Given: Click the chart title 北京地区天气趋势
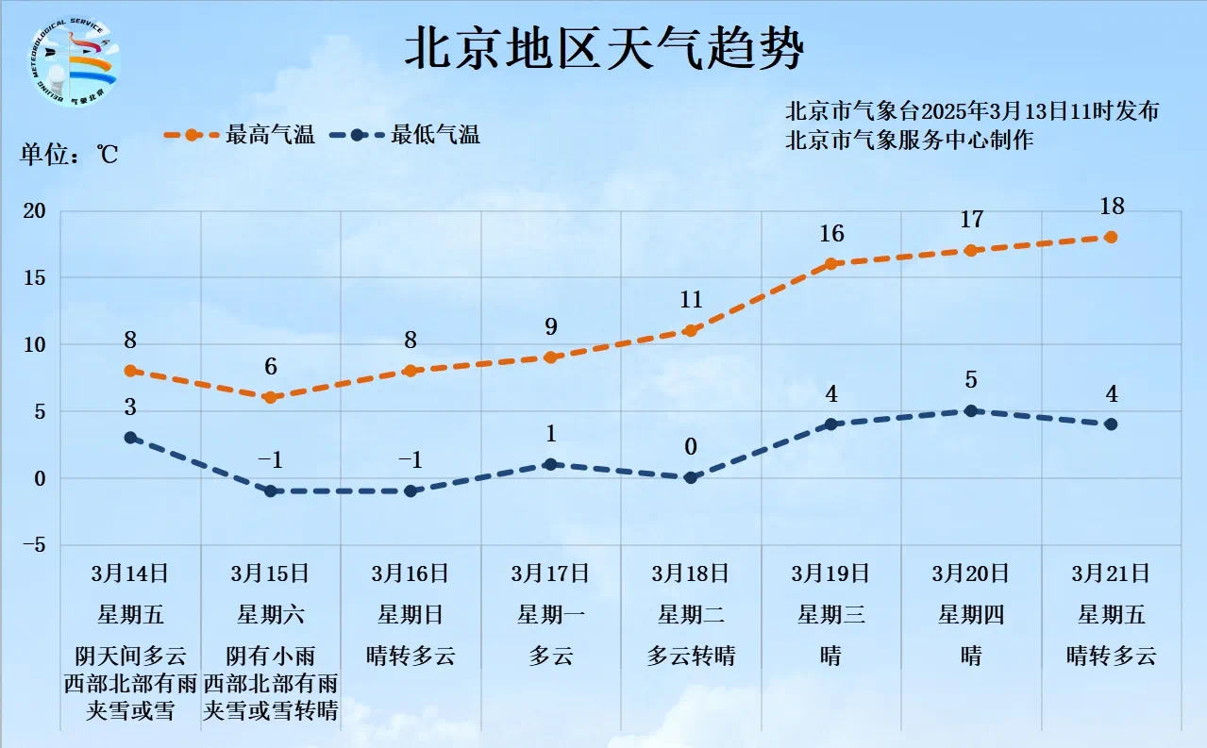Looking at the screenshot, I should tap(604, 49).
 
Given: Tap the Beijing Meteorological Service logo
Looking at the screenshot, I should tap(74, 59).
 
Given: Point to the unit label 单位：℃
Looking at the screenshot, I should tap(69, 155).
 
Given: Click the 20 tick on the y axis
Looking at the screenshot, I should tap(34, 211).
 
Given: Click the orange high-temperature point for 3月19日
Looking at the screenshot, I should tap(831, 264).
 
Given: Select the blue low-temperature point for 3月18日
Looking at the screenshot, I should tap(691, 478).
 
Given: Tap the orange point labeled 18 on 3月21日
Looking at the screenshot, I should tap(1111, 237).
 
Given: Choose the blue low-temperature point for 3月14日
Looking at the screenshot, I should tap(130, 438).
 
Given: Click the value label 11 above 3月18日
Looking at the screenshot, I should tap(691, 300).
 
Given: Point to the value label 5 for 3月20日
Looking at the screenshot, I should tap(971, 380).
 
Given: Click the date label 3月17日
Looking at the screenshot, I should tap(550, 573).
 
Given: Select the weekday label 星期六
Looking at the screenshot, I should tap(270, 615).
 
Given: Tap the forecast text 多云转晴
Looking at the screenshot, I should tap(691, 656).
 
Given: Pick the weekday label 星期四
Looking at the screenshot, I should tap(971, 615).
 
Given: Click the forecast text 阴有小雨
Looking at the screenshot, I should tap(270, 656).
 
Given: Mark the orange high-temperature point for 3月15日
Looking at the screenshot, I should tap(270, 398).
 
